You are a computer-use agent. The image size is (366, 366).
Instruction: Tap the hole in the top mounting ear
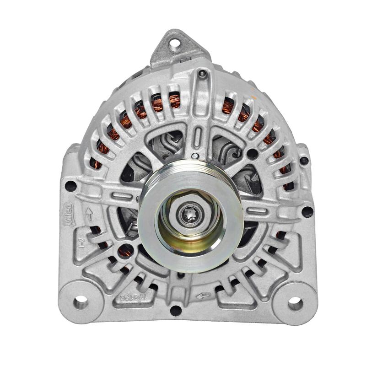(x=174, y=44)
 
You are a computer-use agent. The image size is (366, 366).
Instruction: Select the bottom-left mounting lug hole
(x=81, y=302)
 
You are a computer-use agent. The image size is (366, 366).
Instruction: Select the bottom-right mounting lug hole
(x=295, y=303)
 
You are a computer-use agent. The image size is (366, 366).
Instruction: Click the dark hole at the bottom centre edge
(x=176, y=311)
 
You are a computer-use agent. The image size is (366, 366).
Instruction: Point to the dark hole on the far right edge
(x=307, y=212)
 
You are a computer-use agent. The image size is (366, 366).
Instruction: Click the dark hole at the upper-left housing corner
(x=70, y=186)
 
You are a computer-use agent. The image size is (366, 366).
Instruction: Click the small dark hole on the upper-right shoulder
(x=304, y=161)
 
